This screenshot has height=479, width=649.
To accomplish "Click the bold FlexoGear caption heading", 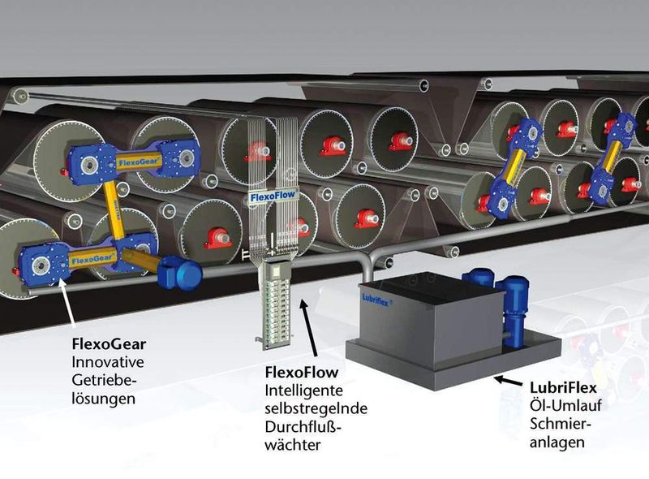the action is [x=109, y=344].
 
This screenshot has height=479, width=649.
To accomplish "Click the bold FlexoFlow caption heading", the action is [x=302, y=372].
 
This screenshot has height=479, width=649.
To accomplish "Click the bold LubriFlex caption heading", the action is [x=563, y=387].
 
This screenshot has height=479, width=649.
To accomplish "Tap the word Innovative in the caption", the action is [x=108, y=362].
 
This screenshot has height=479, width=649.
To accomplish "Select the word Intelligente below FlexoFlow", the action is [x=303, y=391].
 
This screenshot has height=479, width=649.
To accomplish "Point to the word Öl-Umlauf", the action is [x=565, y=405].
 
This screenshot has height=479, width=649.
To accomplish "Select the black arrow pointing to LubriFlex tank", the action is [x=508, y=381].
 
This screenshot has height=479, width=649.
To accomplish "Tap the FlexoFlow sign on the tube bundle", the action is [x=273, y=196].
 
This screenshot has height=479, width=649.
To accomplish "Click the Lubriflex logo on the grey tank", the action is [x=376, y=300].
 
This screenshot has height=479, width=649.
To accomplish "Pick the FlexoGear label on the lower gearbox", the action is [x=92, y=259].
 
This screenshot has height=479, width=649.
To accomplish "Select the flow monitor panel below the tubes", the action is [x=275, y=304].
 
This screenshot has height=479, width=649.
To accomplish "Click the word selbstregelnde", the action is [x=316, y=408].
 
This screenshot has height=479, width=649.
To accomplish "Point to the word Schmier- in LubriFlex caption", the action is [x=561, y=424].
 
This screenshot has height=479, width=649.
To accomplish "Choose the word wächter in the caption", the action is [x=293, y=445].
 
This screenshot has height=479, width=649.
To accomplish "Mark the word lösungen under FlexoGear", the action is [x=103, y=399].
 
